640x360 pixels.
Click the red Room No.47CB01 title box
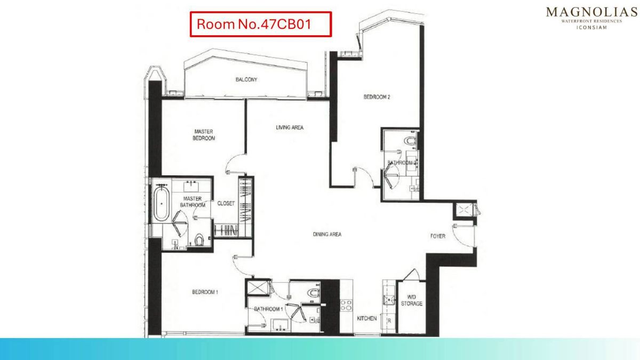pyautogui.click(x=261, y=25)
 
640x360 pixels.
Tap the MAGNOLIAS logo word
pyautogui.click(x=591, y=12)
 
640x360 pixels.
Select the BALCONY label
pyautogui.click(x=246, y=79)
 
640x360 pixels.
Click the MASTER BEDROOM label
pyautogui.click(x=204, y=135)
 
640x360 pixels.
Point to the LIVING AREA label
pyautogui.click(x=290, y=127)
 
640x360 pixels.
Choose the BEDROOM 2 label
pyautogui.click(x=377, y=97)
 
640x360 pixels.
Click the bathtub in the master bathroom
pyautogui.click(x=162, y=203)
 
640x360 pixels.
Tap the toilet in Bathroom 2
pyautogui.click(x=411, y=142)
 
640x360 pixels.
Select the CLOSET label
pyautogui.click(x=226, y=203)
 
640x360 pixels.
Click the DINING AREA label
pyautogui.click(x=327, y=234)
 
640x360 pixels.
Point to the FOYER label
pyautogui.click(x=438, y=236)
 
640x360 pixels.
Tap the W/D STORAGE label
pyautogui.click(x=411, y=300)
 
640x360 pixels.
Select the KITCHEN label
pyautogui.click(x=367, y=318)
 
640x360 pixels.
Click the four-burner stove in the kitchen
pyautogui.click(x=346, y=305)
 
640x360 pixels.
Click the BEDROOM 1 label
pyautogui.click(x=205, y=292)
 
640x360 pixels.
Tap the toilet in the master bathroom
pyautogui.click(x=199, y=239)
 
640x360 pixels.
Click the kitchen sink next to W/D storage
pyautogui.click(x=389, y=300)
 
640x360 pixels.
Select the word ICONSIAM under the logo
pyautogui.click(x=591, y=28)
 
